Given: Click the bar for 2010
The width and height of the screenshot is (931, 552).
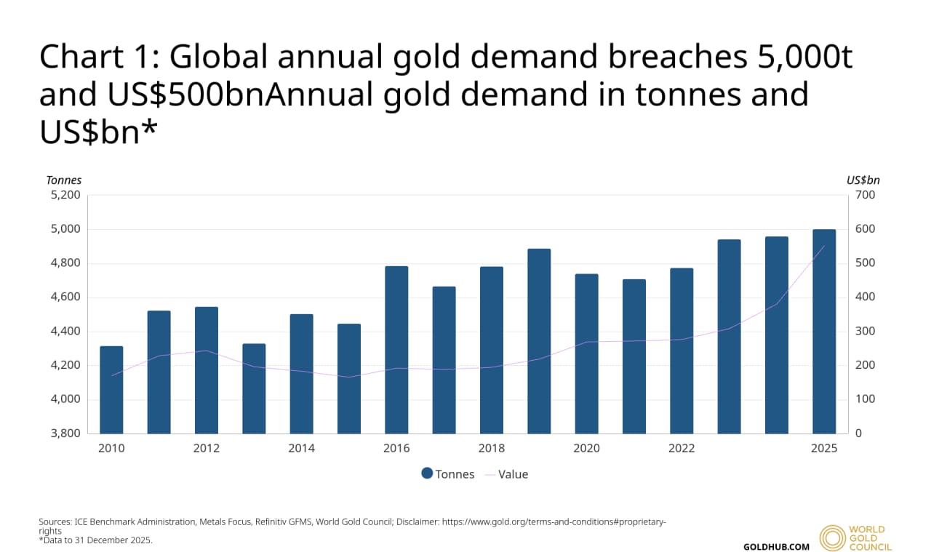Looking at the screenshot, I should (x=111, y=390).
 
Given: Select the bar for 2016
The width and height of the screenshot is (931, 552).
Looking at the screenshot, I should (x=396, y=350).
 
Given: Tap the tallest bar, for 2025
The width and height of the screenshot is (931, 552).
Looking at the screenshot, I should (x=824, y=332).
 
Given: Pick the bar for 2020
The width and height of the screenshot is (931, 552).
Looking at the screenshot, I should (x=586, y=353).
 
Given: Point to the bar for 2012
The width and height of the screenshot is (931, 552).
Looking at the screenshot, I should (x=207, y=370).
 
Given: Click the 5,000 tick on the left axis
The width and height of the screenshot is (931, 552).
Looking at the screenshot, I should (x=65, y=229).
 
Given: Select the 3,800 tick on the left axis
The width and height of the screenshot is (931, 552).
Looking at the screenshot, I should (x=65, y=433).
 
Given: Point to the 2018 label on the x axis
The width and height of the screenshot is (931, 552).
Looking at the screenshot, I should (x=491, y=449).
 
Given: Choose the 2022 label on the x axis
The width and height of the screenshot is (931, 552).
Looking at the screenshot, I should (x=682, y=449).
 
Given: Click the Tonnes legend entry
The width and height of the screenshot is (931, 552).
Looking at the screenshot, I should (x=447, y=474).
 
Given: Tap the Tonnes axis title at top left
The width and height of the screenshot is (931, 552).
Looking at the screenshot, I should (x=64, y=180).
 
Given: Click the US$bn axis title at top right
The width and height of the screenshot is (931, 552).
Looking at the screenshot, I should (x=863, y=180).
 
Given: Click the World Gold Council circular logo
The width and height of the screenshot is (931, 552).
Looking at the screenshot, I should (x=832, y=537).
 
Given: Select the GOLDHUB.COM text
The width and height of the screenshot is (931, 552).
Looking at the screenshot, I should (x=776, y=546).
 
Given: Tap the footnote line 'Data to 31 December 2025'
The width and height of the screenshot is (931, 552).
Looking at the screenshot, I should (x=96, y=540).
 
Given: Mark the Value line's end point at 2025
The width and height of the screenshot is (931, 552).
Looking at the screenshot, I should (x=824, y=246).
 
